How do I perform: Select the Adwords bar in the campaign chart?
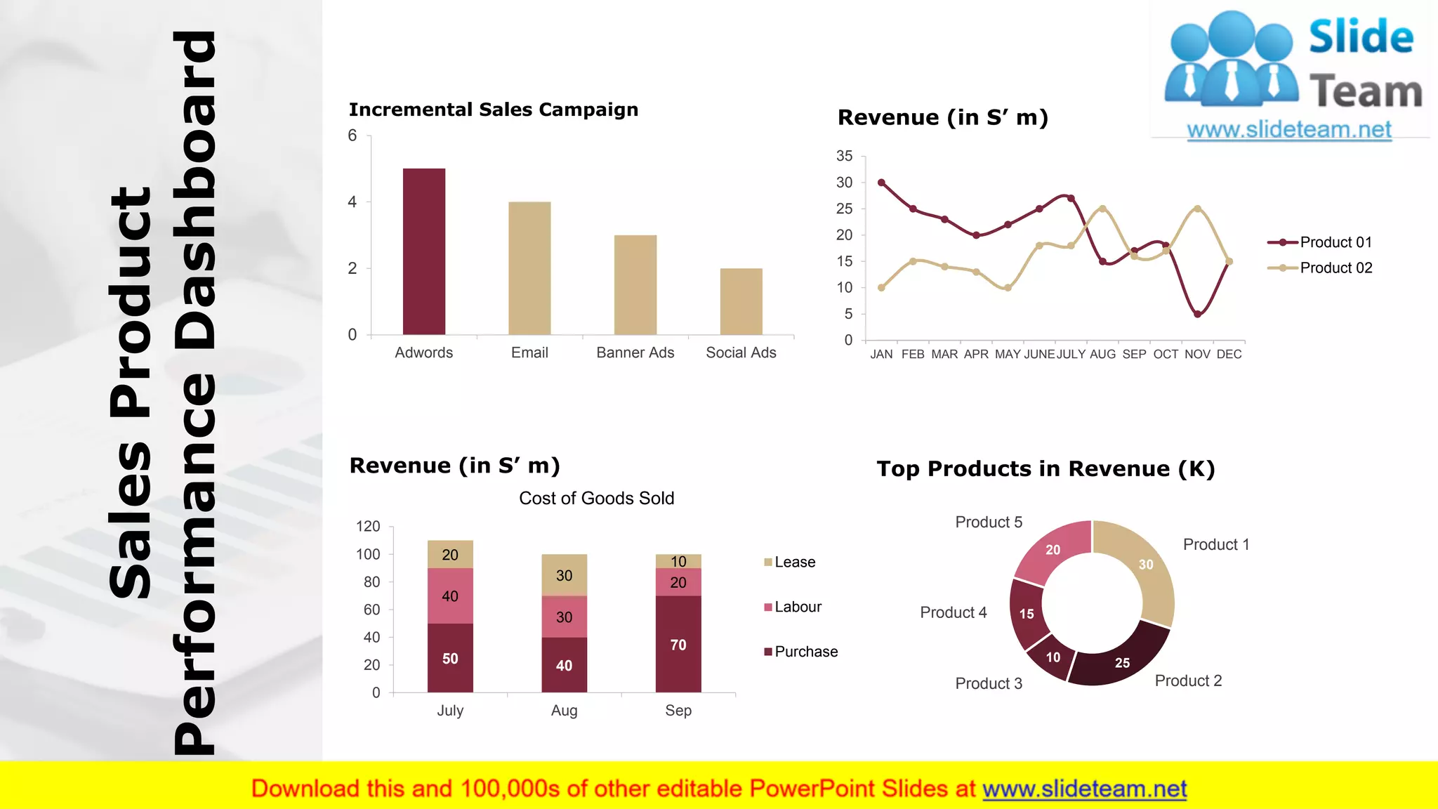[x=423, y=251]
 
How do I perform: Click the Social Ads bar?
[x=741, y=301]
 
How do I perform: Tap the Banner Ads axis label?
[x=635, y=353]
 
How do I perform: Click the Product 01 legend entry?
[x=1320, y=242]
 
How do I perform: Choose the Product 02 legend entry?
[x=1320, y=268]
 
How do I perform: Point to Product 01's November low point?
[x=1197, y=314]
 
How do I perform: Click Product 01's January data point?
[x=881, y=183]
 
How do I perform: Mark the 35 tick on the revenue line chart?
[x=844, y=156]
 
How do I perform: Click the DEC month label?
[x=1229, y=355]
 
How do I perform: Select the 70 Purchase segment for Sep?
[x=678, y=644]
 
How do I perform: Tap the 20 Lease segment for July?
[x=450, y=555]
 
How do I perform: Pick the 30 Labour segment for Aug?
[x=564, y=617]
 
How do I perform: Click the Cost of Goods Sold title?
[x=596, y=498]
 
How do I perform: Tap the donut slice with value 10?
[x=1050, y=657]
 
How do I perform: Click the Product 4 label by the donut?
[x=953, y=612]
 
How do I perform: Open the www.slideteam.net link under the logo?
[x=1288, y=130]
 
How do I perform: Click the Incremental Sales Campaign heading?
[x=493, y=110]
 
